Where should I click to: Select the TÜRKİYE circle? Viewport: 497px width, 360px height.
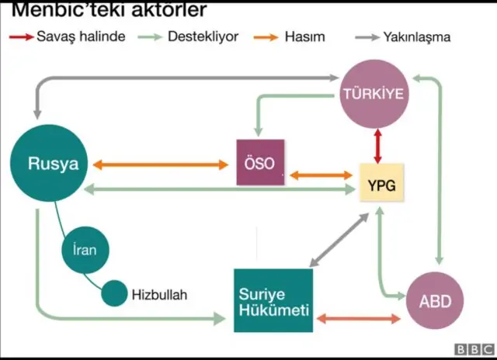point(374,95)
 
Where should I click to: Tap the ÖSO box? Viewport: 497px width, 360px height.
point(260,162)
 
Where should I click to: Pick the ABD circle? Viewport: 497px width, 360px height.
point(435,301)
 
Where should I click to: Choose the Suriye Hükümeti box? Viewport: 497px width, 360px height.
point(273,302)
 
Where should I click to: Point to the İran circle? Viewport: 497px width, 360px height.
point(85,250)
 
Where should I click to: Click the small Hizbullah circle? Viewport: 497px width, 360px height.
point(114,293)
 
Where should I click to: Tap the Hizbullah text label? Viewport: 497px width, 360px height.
point(159,295)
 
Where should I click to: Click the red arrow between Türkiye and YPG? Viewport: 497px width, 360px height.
point(378,145)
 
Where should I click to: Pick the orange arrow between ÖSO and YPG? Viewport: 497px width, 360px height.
point(320,175)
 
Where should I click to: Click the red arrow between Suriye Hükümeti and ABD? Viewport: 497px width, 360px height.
point(359,318)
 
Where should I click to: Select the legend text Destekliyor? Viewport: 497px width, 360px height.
point(203,36)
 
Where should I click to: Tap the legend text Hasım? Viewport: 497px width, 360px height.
point(304,36)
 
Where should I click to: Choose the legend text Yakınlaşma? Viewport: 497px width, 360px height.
point(417,36)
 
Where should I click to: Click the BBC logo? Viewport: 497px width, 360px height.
point(473,350)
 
